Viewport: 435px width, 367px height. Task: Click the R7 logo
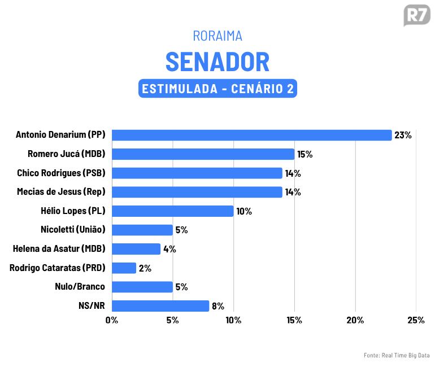(x=417, y=15)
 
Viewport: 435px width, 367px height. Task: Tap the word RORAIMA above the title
(x=217, y=36)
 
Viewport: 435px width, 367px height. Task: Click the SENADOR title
(x=217, y=62)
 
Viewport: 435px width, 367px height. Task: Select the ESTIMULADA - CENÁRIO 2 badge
(x=217, y=89)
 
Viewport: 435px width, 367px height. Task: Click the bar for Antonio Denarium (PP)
(x=251, y=135)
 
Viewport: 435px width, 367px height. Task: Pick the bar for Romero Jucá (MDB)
(x=203, y=154)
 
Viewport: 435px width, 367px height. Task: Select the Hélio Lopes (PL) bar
(x=172, y=211)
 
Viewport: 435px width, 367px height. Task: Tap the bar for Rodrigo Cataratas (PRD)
(x=124, y=268)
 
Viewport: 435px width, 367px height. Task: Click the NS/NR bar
(x=160, y=306)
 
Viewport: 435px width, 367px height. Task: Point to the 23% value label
(x=403, y=136)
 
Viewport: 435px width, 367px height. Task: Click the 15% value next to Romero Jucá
(x=305, y=154)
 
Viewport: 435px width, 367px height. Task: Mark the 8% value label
(x=218, y=306)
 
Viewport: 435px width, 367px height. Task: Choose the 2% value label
(x=145, y=268)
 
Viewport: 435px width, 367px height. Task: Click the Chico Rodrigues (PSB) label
(x=61, y=173)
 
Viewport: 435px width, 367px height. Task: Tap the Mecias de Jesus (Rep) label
(x=61, y=192)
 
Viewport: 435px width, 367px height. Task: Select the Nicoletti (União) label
(x=73, y=230)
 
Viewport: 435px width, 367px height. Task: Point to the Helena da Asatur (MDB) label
(x=59, y=249)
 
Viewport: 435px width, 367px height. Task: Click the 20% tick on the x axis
(x=355, y=320)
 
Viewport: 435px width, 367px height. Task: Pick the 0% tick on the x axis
(x=112, y=320)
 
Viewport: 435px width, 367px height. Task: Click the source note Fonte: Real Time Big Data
(x=397, y=355)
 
